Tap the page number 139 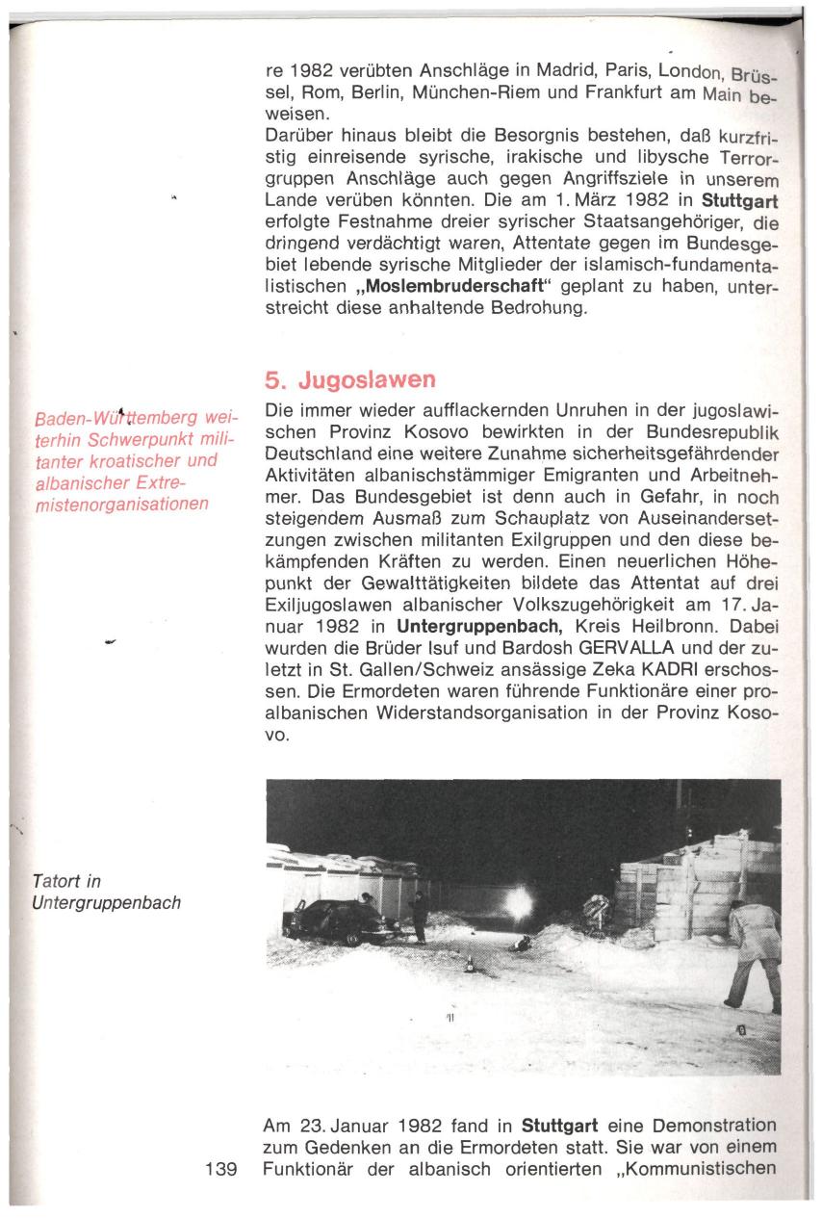[220, 1170]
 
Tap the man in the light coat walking [753, 953]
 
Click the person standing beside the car [420, 917]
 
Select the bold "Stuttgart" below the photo [561, 1126]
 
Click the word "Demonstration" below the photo [714, 1126]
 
